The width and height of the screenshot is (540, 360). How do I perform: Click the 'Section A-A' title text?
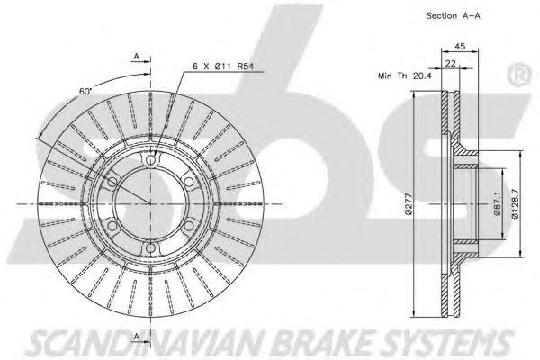453,15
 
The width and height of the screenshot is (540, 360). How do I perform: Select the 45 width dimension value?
460,46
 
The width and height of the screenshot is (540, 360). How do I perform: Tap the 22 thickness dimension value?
451,63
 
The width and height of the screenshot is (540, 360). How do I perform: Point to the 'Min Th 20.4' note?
405,76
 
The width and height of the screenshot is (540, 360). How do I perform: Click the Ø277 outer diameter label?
409,204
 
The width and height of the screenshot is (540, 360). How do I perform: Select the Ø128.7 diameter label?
516,204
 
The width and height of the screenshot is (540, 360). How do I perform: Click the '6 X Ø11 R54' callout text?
223,66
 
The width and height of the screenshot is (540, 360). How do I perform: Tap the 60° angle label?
85,92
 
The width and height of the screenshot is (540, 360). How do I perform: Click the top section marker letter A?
137,56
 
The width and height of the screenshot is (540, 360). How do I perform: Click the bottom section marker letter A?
137,336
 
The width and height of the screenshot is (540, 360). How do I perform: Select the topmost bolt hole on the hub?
150,160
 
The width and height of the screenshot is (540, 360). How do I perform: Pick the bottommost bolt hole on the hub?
150,247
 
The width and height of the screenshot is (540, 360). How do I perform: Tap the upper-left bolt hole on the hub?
112,182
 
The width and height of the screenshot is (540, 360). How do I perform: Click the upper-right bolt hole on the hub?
188,182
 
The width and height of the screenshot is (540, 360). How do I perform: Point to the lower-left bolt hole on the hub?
112,226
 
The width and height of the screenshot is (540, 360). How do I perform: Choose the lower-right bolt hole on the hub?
188,226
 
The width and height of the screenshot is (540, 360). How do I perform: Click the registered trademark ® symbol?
519,76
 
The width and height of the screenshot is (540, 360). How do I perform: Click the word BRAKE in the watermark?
319,344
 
